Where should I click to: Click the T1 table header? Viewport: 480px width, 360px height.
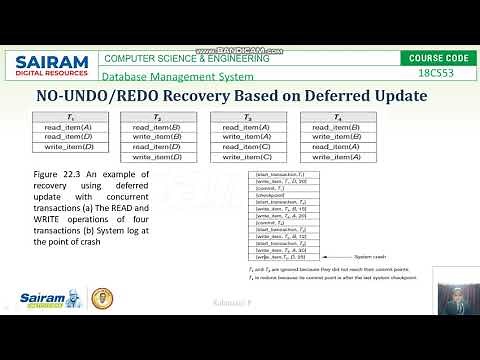(68, 118)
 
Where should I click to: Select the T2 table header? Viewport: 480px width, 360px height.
(157, 118)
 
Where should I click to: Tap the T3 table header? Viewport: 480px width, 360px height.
(247, 118)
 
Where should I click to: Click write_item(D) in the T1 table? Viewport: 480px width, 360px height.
(68, 147)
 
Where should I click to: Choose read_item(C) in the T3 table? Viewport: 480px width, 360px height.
(247, 147)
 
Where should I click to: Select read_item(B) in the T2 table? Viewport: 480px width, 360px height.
(157, 128)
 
